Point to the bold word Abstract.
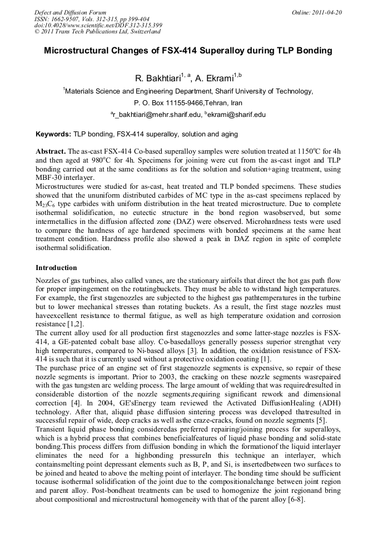click(51, 151)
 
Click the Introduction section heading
click(56, 268)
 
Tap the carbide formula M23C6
click(46, 204)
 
